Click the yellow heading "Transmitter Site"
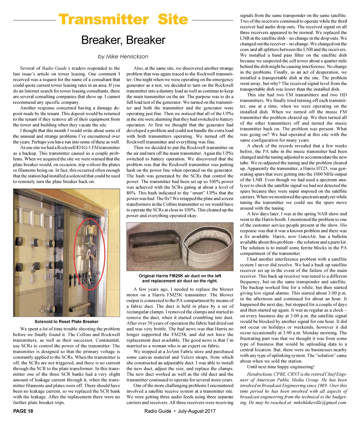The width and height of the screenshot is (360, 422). (123, 19)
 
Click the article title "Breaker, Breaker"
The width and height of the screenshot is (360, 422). (123, 40)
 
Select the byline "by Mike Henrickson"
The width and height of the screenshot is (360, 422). (123, 56)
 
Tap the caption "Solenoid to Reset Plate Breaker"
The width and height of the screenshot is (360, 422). (66, 321)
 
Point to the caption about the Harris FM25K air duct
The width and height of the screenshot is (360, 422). (180, 278)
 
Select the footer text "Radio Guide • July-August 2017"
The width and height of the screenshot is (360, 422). (180, 411)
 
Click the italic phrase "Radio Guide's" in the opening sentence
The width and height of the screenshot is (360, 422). (54, 68)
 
